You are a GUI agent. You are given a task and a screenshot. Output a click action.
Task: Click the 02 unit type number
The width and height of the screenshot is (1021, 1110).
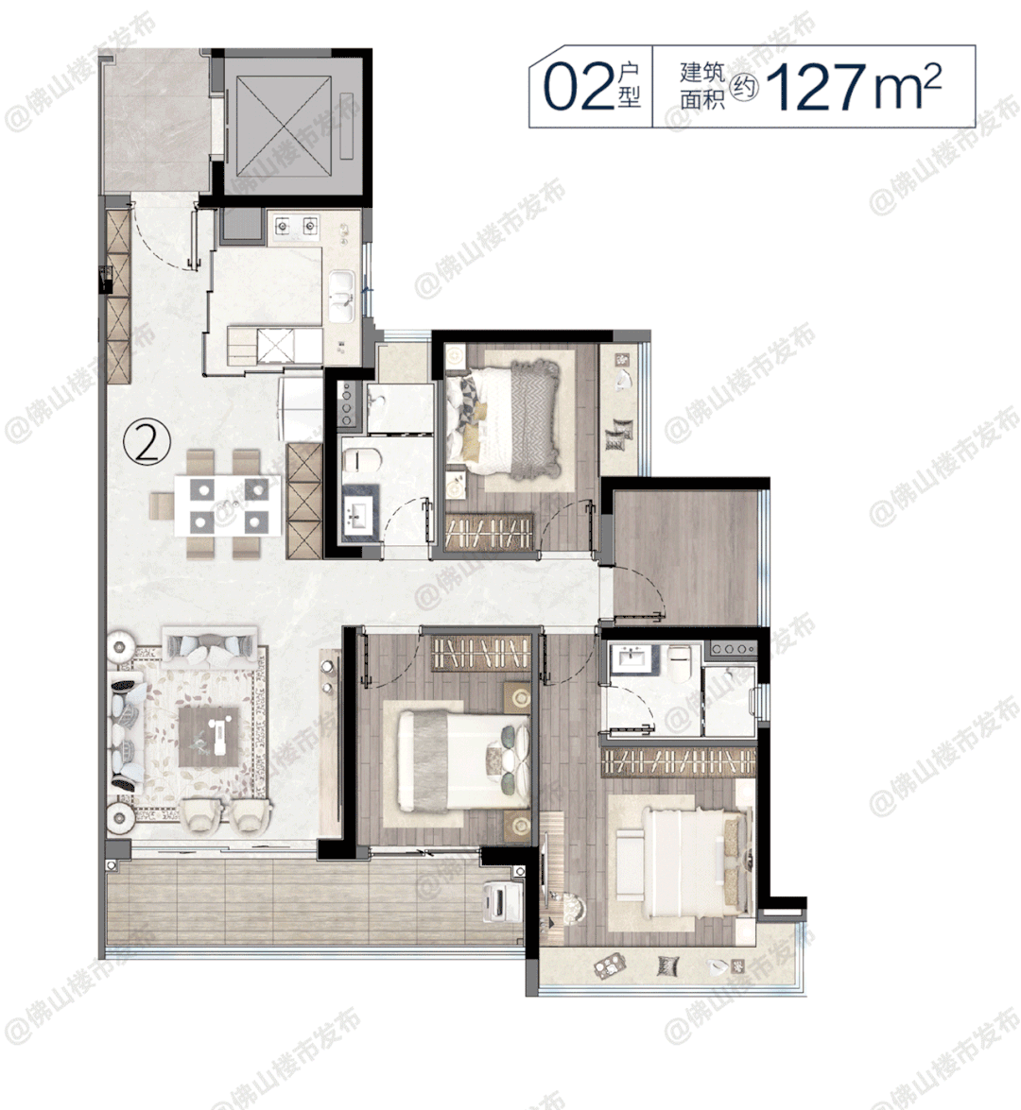pyautogui.click(x=579, y=87)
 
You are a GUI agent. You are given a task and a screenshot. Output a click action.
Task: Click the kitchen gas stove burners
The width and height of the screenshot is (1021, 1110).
pyautogui.click(x=296, y=226)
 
